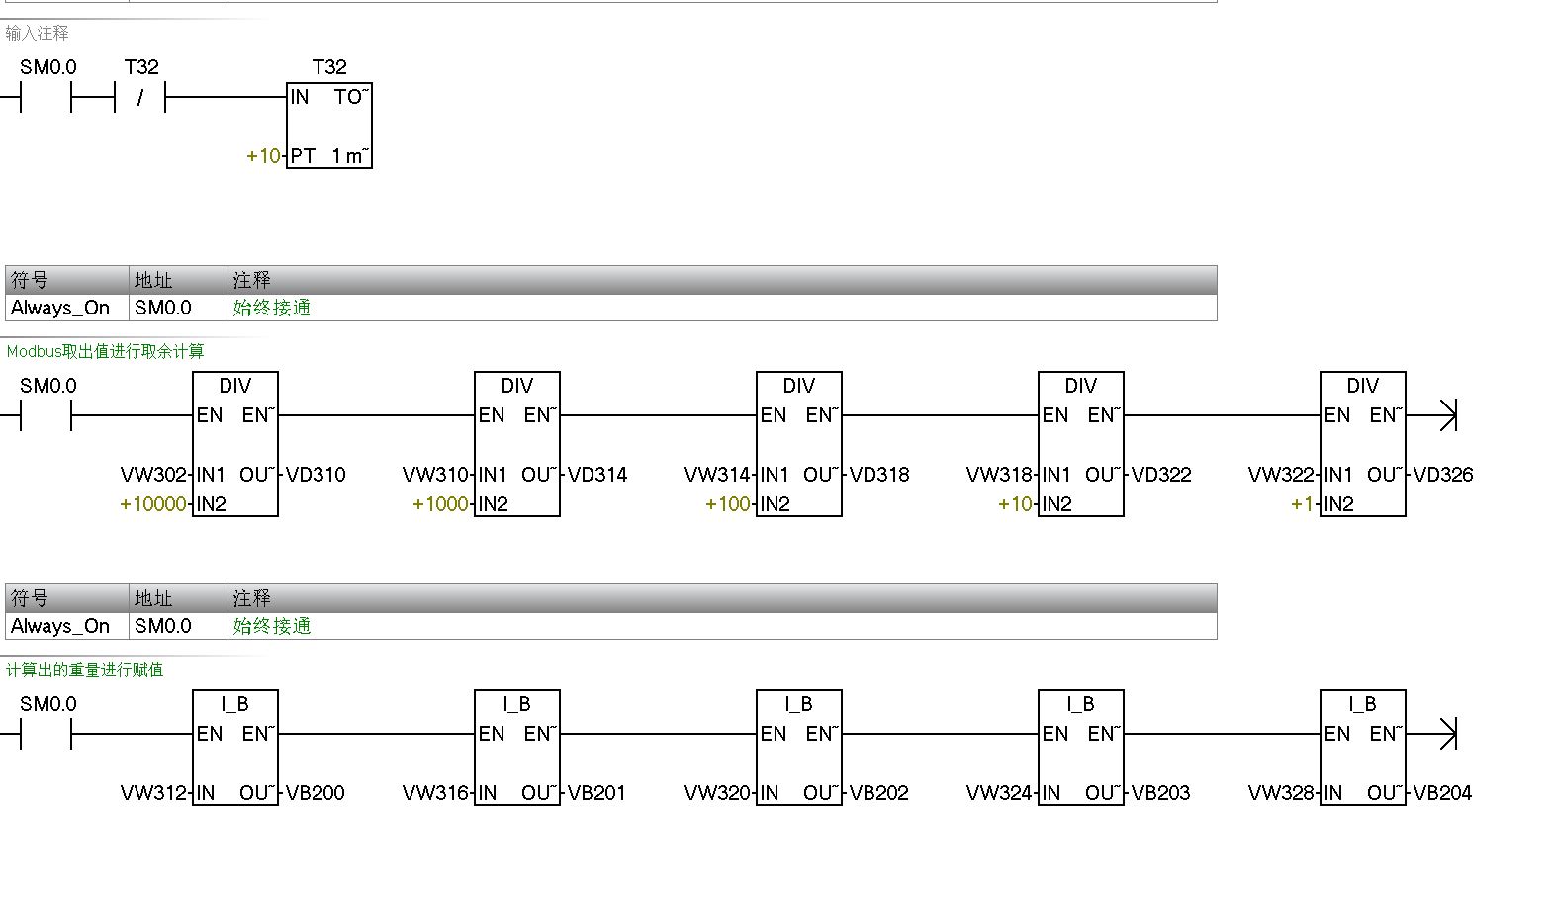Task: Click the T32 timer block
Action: point(329,126)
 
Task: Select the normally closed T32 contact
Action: point(140,97)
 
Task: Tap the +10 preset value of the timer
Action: point(263,156)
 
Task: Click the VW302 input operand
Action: point(153,475)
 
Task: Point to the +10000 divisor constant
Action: point(152,504)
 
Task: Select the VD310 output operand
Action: point(316,475)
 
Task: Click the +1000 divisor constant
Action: point(440,504)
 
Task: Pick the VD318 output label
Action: point(879,475)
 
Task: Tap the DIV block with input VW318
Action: point(1081,444)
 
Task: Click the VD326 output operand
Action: point(1443,475)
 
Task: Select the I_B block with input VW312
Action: point(235,748)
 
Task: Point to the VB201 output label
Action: point(596,793)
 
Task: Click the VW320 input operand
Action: point(717,793)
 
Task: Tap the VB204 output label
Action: point(1442,793)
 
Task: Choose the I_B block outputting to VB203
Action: point(1081,748)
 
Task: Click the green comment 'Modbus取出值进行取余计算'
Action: point(105,351)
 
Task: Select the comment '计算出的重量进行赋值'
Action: point(85,670)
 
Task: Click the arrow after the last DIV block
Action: point(1447,415)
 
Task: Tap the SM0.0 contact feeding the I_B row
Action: point(46,734)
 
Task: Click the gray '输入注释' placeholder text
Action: point(38,33)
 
